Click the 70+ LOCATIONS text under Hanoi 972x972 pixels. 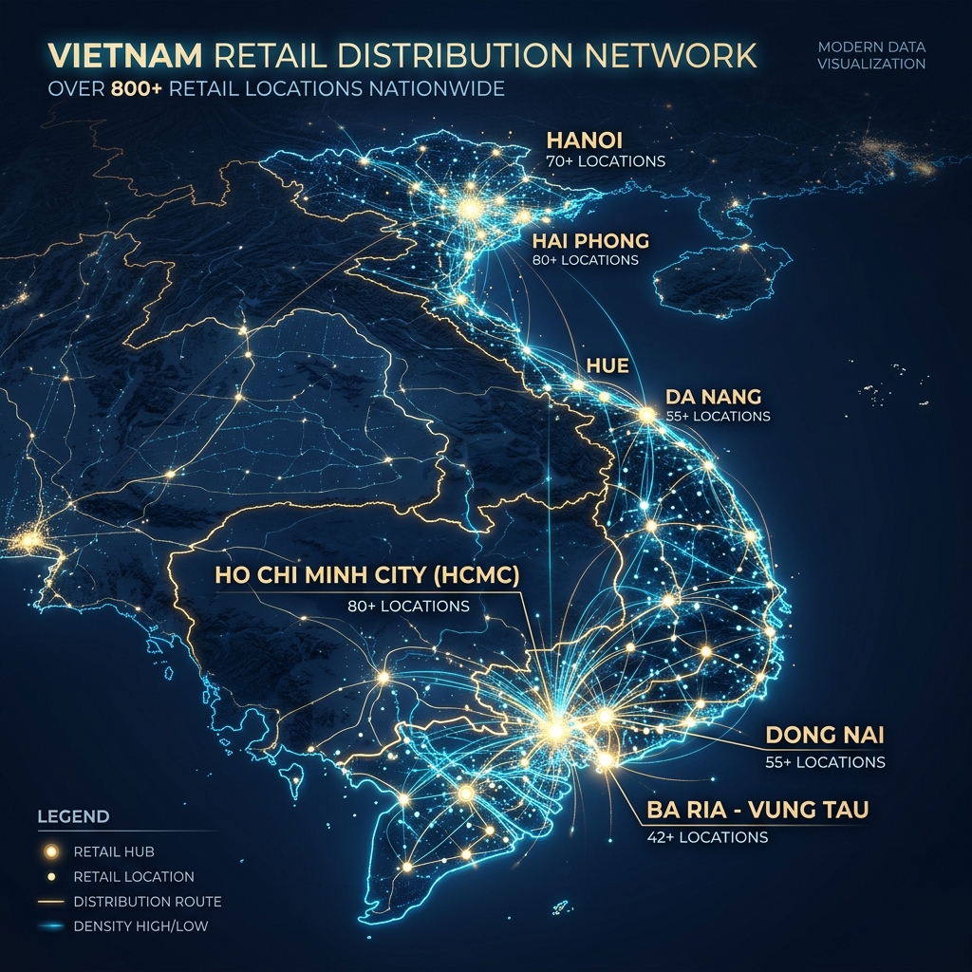(606, 161)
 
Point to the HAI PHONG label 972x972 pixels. (590, 240)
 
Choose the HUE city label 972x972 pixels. (607, 365)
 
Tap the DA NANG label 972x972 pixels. (714, 395)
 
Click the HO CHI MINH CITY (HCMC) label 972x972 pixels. (367, 576)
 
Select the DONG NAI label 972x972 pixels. (824, 736)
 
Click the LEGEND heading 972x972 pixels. (73, 816)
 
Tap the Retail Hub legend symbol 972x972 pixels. (51, 851)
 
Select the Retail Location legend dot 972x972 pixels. (51, 876)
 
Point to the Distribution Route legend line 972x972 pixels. (51, 901)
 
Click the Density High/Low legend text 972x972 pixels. (140, 925)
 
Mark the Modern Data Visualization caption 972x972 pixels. (870, 56)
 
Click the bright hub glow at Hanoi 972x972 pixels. (469, 207)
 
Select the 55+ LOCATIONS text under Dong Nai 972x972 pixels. (825, 761)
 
